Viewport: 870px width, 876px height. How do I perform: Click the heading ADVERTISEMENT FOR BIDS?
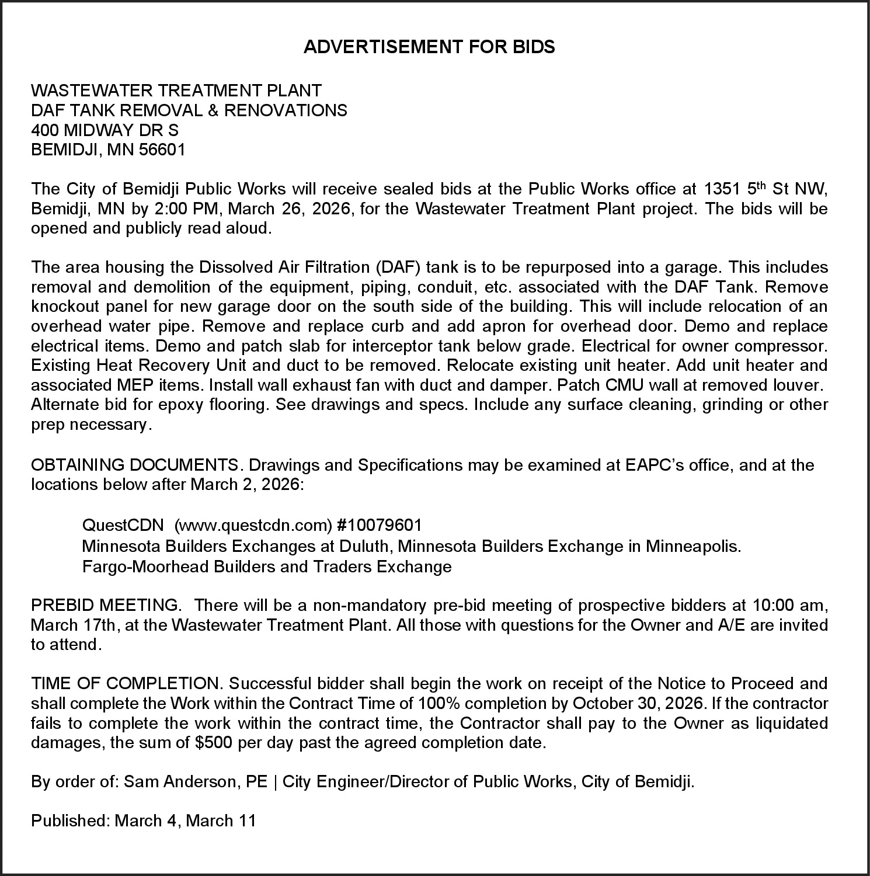[x=429, y=47]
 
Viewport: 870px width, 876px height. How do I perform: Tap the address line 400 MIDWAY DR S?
[x=105, y=130]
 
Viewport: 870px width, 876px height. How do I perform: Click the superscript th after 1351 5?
[x=760, y=186]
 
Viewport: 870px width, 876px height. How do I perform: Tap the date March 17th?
[x=74, y=625]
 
